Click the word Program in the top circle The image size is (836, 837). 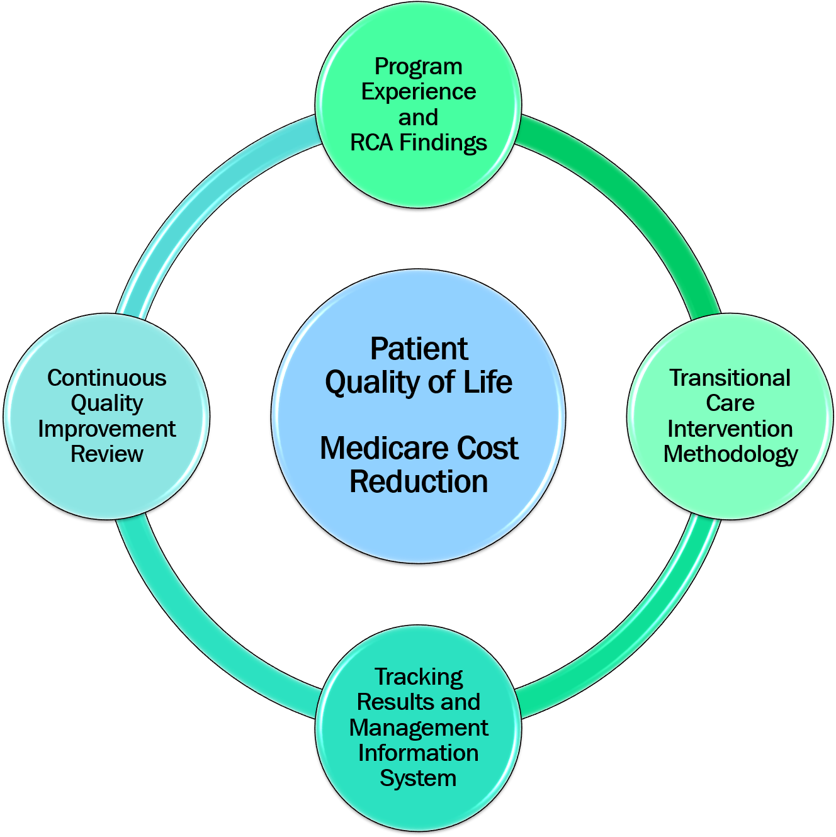[418, 66]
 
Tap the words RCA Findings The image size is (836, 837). [418, 143]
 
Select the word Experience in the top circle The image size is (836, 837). [418, 92]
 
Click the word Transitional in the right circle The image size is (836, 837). [730, 378]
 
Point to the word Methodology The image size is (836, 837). [730, 454]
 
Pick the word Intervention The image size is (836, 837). [730, 429]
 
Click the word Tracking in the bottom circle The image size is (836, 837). [419, 677]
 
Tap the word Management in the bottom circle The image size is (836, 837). [418, 727]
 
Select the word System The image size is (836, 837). [418, 778]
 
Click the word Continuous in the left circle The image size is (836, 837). [107, 378]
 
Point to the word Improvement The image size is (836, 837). [107, 429]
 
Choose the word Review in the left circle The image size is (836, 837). [107, 454]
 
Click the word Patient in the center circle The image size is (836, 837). [419, 349]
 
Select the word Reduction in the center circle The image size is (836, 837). [419, 481]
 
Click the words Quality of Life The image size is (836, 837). [419, 382]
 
